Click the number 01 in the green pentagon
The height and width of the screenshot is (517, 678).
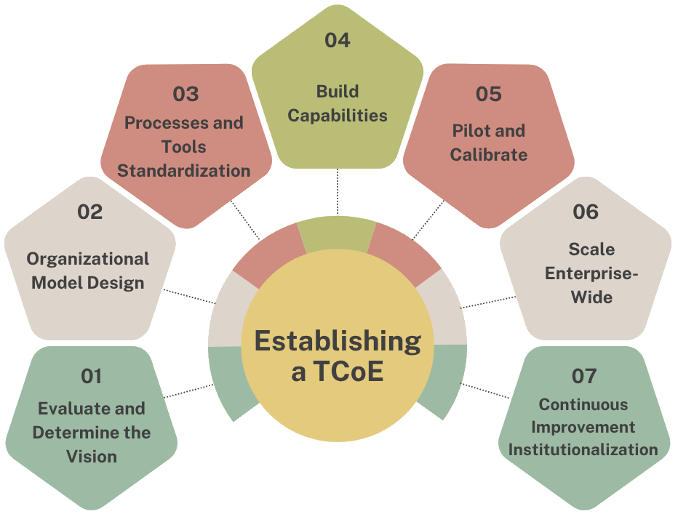[x=91, y=376]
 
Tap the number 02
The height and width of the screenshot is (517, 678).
[x=90, y=212]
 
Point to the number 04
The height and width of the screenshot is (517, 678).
[x=337, y=40]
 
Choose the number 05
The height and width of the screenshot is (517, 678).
[x=489, y=94]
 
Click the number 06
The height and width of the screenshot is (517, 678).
[x=586, y=212]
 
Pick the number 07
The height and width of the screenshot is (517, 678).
[x=584, y=376]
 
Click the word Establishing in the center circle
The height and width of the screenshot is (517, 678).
[x=338, y=340]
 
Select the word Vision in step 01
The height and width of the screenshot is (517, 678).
[x=92, y=457]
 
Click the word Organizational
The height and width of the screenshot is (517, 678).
[x=88, y=259]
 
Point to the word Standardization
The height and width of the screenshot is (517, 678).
[x=184, y=171]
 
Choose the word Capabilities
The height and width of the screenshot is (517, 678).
[x=338, y=115]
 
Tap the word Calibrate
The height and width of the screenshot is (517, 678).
[x=489, y=154]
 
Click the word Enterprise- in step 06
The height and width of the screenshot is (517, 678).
[x=591, y=273]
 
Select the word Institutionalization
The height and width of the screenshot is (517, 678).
[x=583, y=449]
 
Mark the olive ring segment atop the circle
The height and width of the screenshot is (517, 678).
[x=338, y=233]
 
